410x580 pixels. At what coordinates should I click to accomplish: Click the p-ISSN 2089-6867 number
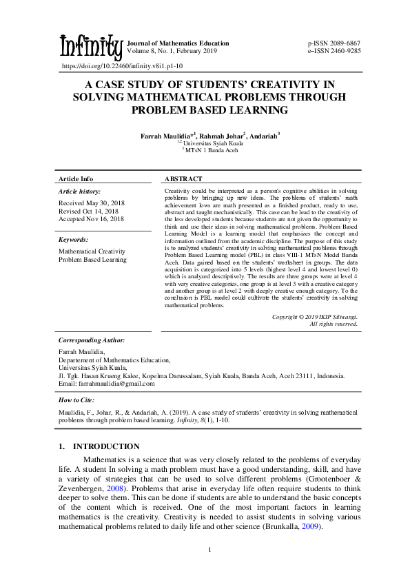coord(334,43)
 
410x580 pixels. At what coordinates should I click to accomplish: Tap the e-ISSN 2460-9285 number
coord(334,51)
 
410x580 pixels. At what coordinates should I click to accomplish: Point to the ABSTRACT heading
coord(185,178)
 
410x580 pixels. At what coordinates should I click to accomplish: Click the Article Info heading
coord(76,178)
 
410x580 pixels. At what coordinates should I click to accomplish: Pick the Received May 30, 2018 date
coord(90,203)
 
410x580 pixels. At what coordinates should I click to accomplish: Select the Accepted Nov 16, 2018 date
coord(91,218)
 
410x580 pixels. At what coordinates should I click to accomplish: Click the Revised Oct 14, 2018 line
coord(88,211)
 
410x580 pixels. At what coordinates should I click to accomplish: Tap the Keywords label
coord(73,240)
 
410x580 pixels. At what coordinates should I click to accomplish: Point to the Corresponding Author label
coord(92,340)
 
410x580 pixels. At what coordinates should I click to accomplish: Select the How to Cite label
coord(76,400)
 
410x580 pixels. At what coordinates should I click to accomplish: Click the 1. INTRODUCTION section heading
coord(99,446)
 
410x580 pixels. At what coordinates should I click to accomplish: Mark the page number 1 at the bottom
coord(209,549)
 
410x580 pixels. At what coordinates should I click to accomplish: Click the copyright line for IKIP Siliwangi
coord(314,317)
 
